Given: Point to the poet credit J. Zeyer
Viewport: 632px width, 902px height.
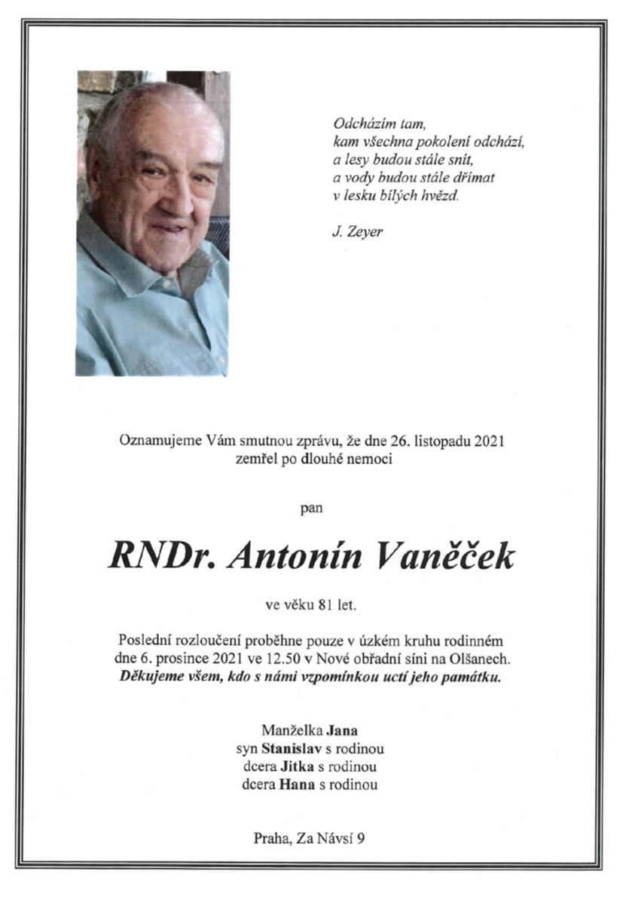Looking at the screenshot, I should click(x=357, y=232).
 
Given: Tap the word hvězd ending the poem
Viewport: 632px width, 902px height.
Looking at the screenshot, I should click(x=440, y=196).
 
